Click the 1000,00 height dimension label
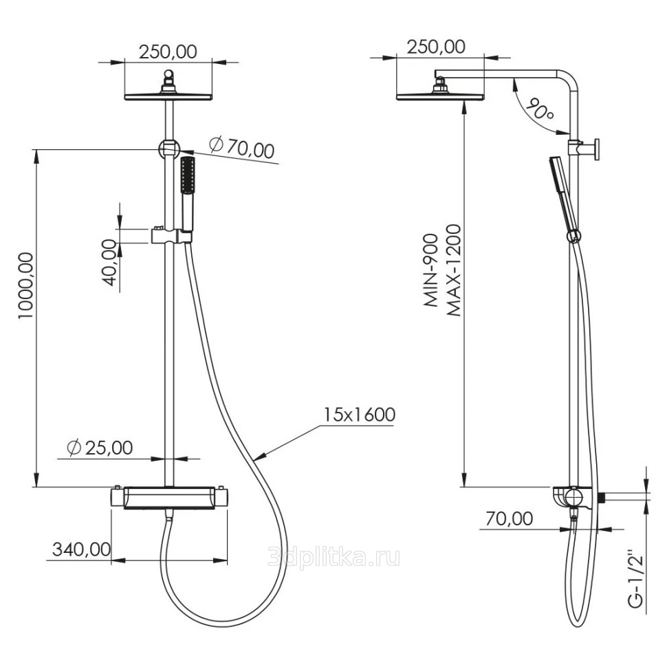25,285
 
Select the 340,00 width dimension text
81,549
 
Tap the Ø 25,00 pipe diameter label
100,448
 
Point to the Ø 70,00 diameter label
241,147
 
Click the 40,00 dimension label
109,263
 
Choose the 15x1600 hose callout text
360,415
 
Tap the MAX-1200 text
454,270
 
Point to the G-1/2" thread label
635,581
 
